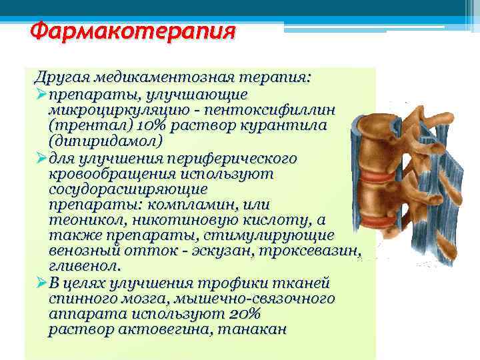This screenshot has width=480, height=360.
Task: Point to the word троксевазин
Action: tap(319, 251)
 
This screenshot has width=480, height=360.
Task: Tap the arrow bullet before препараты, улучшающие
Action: tap(41, 94)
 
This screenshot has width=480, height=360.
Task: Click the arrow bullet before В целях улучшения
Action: tap(41, 283)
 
